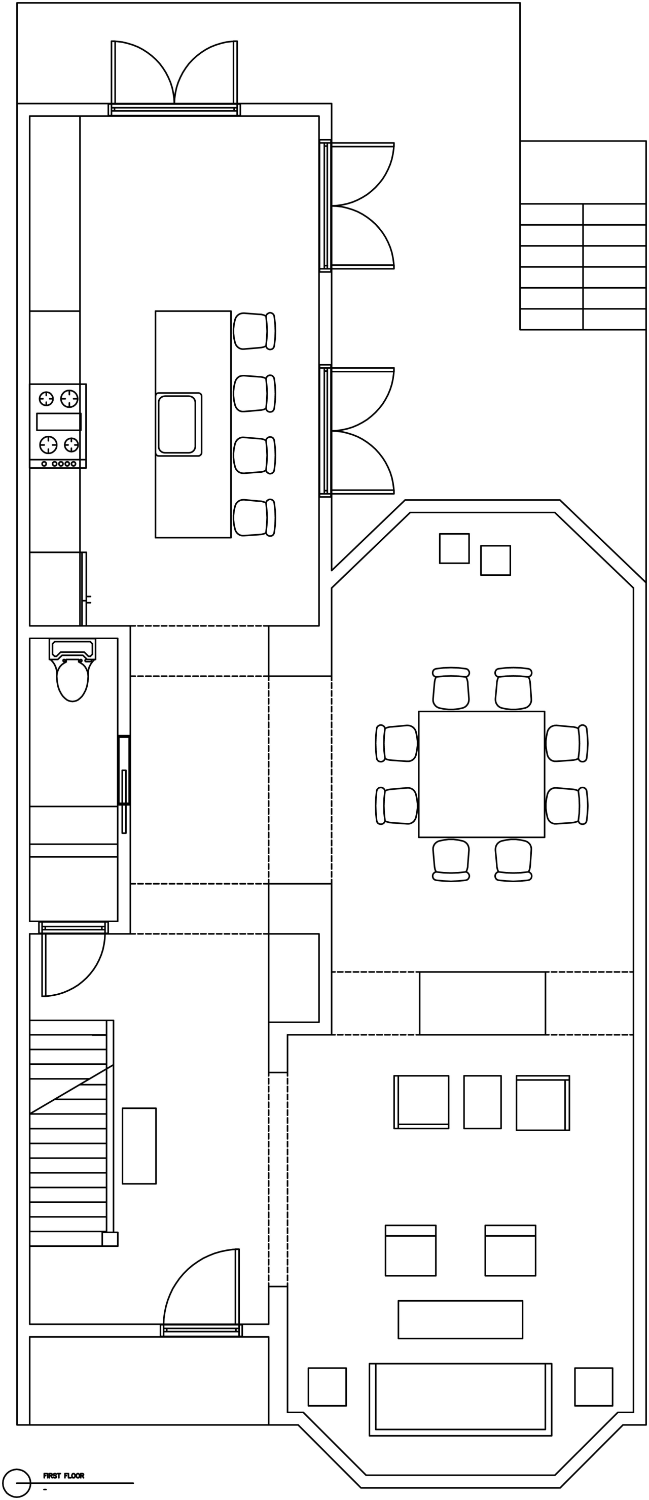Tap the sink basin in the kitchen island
point(177,424)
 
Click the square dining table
point(481,774)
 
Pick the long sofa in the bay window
point(460,1399)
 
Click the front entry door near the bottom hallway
point(201,1294)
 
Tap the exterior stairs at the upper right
point(583,266)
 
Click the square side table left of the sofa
point(327,1386)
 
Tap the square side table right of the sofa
point(593,1386)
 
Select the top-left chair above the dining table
point(451,689)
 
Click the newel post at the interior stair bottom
point(110,1239)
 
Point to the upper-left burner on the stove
point(46,399)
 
